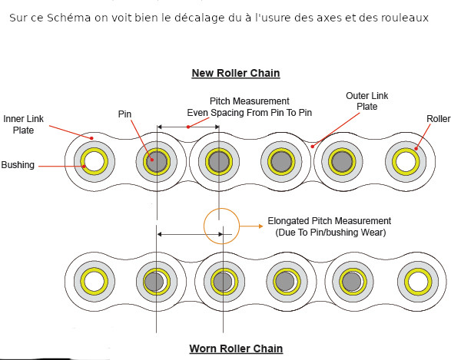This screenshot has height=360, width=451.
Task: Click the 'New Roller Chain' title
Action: [235, 74]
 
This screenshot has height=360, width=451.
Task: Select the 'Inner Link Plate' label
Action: [23, 124]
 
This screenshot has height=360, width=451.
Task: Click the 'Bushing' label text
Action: [18, 165]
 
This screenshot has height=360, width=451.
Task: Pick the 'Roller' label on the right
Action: [438, 119]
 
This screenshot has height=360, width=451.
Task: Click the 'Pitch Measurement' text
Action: [250, 101]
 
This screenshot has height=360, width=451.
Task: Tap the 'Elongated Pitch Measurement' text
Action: [330, 221]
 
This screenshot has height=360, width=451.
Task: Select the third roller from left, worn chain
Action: [224, 282]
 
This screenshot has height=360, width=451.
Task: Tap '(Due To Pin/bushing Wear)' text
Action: [330, 232]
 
